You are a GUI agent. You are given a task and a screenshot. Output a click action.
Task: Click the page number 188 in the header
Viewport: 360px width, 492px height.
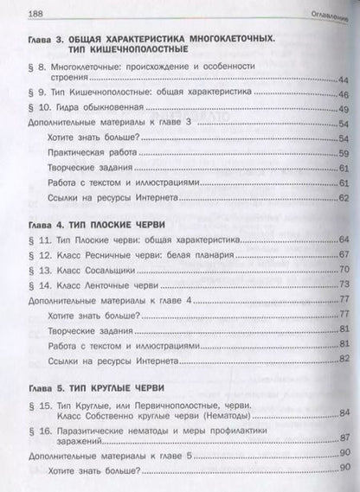point(14,10)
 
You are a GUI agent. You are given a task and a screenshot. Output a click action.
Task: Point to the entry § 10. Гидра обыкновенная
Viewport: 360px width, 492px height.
point(87,108)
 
